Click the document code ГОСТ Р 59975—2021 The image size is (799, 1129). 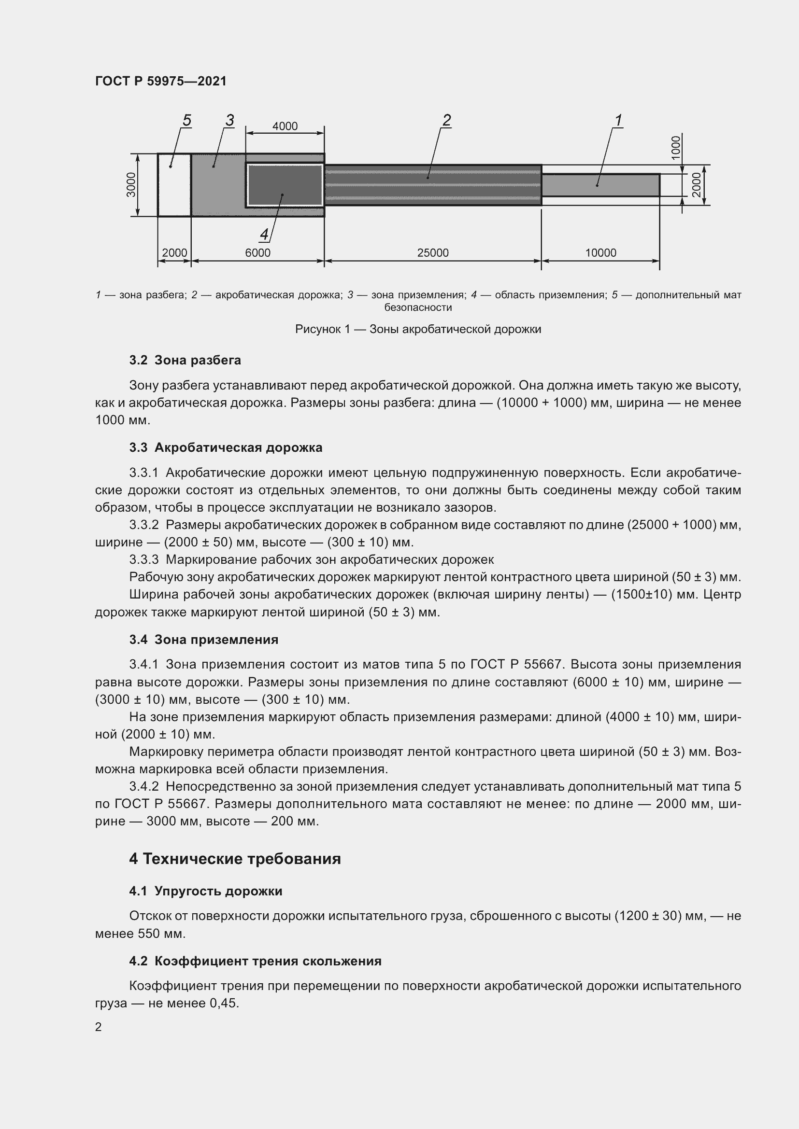click(x=161, y=81)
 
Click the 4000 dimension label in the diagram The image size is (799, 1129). click(x=285, y=126)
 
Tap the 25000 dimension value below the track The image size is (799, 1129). click(x=432, y=253)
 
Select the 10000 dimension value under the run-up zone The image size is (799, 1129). click(x=600, y=253)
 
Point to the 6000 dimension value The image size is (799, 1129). click(x=258, y=253)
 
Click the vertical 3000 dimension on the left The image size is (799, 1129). click(x=131, y=184)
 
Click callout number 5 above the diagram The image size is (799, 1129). click(x=186, y=120)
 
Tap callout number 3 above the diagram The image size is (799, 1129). click(x=229, y=120)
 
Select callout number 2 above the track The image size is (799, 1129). click(x=446, y=120)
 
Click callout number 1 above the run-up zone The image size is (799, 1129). click(x=618, y=120)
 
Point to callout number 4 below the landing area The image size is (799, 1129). click(x=264, y=235)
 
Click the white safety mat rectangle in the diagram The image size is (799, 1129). click(x=174, y=185)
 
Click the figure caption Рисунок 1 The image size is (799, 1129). click(x=418, y=329)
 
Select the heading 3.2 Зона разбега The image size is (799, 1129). click(x=185, y=361)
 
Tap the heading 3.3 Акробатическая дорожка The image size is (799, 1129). click(x=226, y=447)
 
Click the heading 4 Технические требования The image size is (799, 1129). click(x=235, y=859)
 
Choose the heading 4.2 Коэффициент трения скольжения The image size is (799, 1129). click(x=256, y=961)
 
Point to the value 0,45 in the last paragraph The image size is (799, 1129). click(x=223, y=1003)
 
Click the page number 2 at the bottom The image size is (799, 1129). click(x=99, y=1027)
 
